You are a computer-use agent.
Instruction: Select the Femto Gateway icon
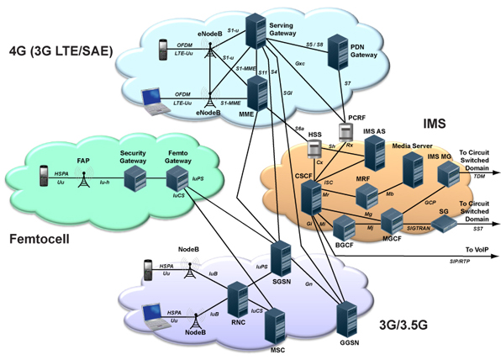[177, 179]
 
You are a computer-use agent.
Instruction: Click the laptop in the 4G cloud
[153, 100]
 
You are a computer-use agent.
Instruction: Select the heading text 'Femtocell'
[39, 238]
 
